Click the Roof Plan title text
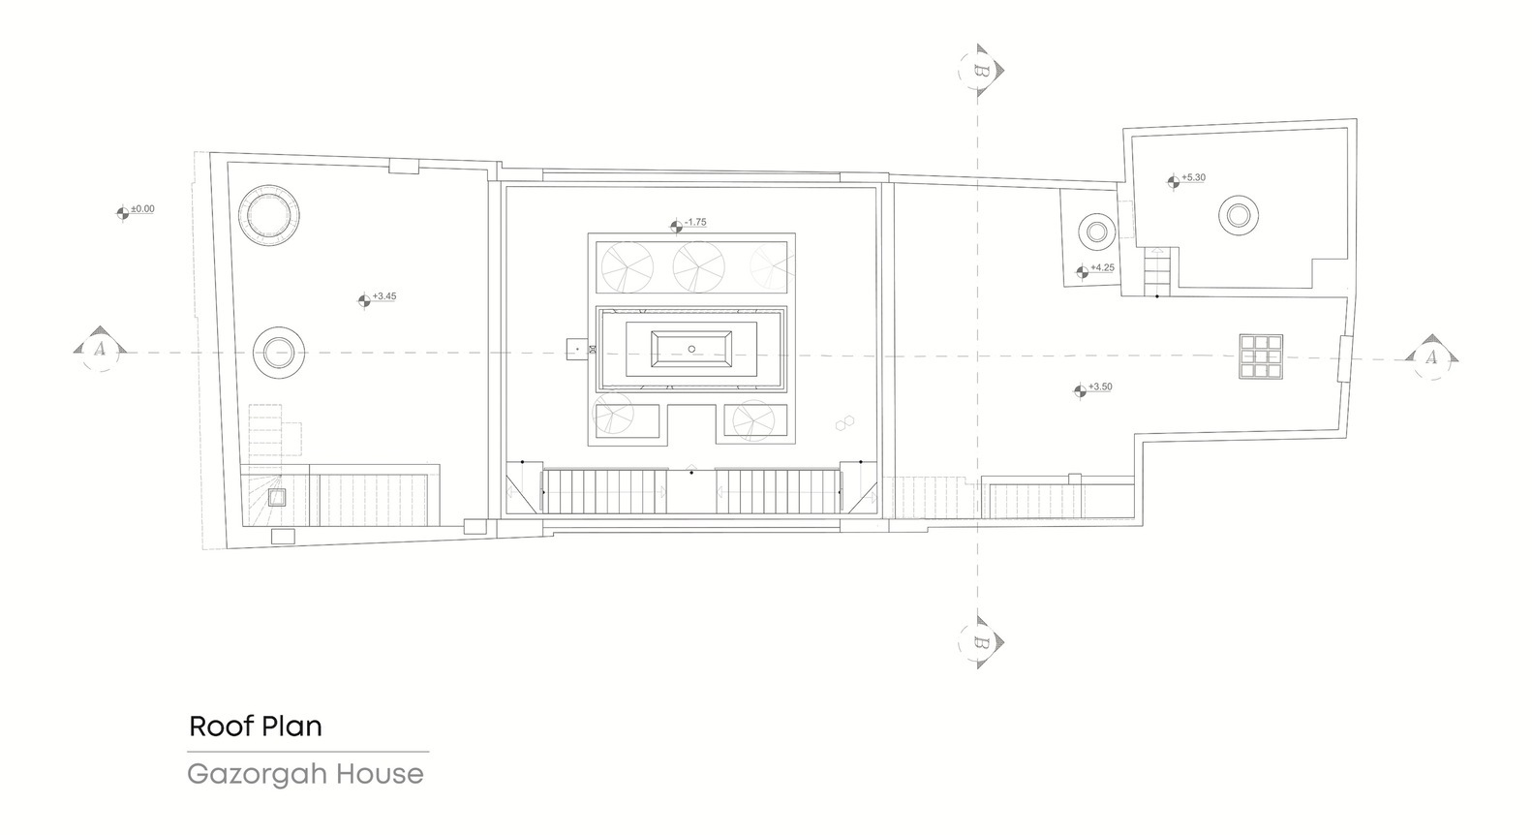[255, 727]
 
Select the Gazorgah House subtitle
[305, 774]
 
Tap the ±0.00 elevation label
[143, 209]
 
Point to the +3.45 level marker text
[384, 296]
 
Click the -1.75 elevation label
[695, 222]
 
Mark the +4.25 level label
[1102, 268]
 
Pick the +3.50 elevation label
[1100, 387]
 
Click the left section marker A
[100, 350]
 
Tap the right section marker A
[1431, 357]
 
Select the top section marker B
[981, 71]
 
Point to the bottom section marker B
[981, 643]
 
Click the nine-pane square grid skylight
[1261, 356]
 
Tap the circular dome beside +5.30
[1238, 215]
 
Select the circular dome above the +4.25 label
[1097, 232]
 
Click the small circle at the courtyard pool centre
[691, 350]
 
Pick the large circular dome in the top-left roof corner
[268, 215]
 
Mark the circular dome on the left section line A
[278, 354]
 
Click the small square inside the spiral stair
[276, 498]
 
